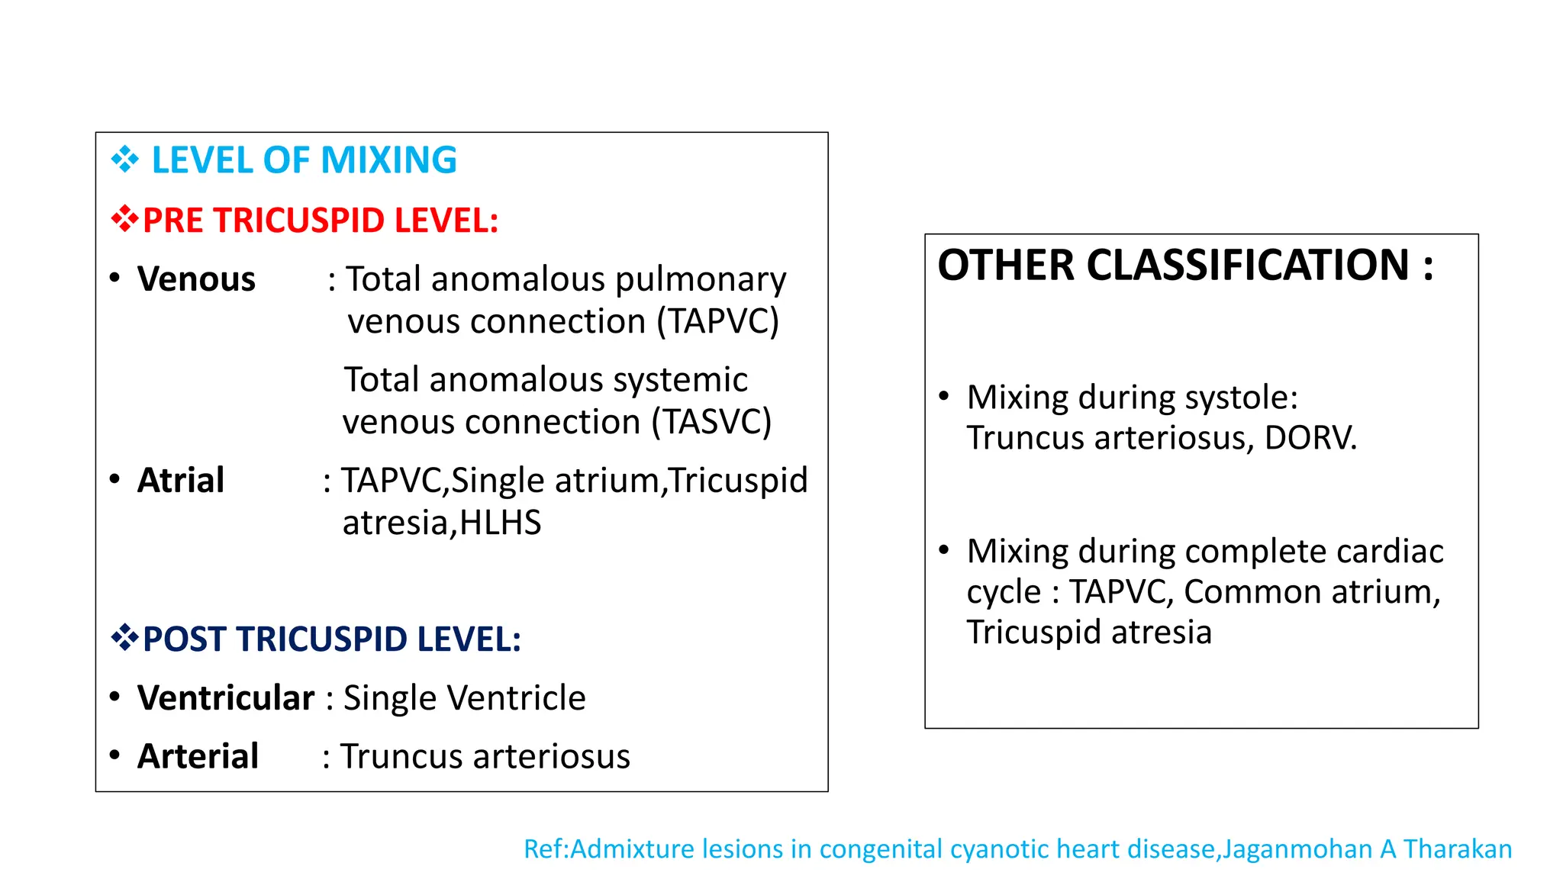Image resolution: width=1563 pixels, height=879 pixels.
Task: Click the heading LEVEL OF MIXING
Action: click(x=304, y=160)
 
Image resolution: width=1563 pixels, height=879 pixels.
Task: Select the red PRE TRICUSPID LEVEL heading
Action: click(x=321, y=221)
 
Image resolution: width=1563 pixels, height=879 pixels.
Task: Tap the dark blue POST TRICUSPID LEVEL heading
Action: click(x=332, y=639)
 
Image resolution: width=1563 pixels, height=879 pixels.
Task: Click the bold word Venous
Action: click(x=196, y=279)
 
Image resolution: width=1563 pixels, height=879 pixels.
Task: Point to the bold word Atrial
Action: click(x=181, y=481)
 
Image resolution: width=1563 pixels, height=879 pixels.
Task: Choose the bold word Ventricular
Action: click(x=226, y=698)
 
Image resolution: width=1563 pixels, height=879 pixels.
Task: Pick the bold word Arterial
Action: click(x=198, y=756)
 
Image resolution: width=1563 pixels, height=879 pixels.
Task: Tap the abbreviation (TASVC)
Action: click(x=711, y=422)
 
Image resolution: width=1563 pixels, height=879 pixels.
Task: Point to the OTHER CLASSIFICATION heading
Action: click(x=1185, y=266)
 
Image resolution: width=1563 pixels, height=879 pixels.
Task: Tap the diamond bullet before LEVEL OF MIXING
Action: click(x=125, y=160)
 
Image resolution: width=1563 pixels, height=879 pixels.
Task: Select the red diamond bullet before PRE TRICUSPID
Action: click(x=125, y=221)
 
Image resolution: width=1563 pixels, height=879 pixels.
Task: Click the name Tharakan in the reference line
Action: click(x=1457, y=849)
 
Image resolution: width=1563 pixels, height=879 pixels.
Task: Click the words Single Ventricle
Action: click(x=464, y=698)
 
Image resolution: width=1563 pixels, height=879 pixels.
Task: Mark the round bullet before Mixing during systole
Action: click(x=944, y=396)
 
